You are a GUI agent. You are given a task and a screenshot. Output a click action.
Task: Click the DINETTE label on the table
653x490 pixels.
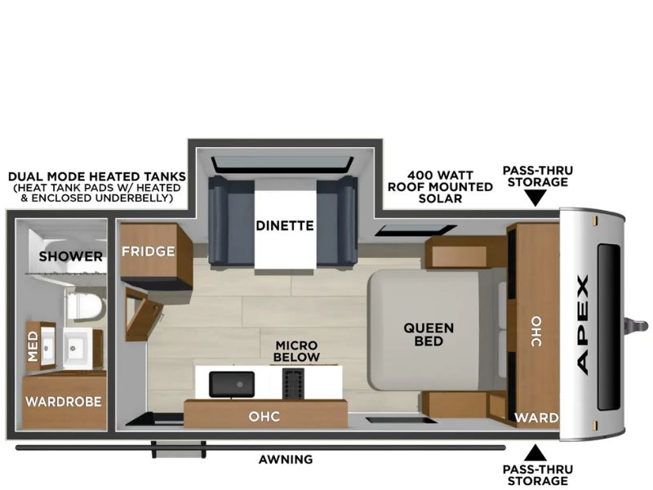pos(284,226)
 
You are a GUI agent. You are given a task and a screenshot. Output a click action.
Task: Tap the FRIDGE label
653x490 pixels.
pos(149,252)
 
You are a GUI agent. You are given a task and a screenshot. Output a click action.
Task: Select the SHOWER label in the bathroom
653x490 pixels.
pos(71,256)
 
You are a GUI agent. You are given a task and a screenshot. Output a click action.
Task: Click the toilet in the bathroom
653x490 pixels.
pos(86,307)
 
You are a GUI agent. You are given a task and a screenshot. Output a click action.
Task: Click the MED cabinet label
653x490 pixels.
pos(33,346)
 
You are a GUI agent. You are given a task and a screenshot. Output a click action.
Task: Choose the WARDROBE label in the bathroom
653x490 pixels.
pos(64,402)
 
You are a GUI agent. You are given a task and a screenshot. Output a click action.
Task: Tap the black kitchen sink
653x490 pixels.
pos(232,384)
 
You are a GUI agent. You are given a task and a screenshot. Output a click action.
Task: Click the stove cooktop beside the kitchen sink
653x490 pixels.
pos(293,383)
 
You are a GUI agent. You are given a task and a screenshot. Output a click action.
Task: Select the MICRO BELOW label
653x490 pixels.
pos(296,351)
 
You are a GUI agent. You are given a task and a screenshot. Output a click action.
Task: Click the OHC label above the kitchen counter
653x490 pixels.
pos(264,416)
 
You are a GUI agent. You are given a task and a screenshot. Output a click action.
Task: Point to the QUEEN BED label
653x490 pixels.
pos(429,334)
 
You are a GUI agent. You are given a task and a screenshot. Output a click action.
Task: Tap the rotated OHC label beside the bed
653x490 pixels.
pos(536,332)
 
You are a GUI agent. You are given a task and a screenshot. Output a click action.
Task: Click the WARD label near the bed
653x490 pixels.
pos(536,417)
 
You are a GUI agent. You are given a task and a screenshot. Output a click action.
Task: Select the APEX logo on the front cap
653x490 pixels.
pos(583,324)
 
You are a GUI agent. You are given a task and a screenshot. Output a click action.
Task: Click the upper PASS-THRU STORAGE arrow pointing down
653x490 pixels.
pos(535,198)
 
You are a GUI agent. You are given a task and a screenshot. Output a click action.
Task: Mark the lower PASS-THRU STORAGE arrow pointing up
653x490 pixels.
pos(535,452)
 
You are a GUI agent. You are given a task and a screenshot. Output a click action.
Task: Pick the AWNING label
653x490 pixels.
pos(286,460)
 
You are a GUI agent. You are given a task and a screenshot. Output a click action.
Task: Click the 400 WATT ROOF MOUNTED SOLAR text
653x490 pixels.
pos(440,187)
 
